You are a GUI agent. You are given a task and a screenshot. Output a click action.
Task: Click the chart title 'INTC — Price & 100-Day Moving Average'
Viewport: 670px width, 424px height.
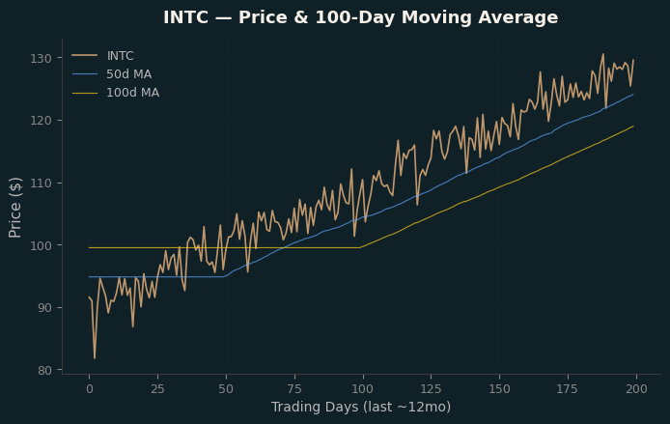(361, 17)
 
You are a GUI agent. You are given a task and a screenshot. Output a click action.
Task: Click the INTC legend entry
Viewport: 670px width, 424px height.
(102, 56)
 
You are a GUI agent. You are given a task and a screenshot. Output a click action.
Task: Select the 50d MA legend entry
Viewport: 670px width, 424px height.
(112, 74)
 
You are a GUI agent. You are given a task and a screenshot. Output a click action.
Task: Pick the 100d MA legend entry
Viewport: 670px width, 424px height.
(116, 93)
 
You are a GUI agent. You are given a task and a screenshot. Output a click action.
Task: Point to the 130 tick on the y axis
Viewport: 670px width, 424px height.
(41, 59)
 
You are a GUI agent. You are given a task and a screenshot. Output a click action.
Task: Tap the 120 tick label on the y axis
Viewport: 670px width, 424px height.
(41, 121)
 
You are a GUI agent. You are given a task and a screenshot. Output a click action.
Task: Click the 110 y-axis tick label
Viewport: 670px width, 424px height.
(41, 183)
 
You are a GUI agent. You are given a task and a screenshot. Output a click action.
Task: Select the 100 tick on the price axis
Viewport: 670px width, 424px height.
(41, 245)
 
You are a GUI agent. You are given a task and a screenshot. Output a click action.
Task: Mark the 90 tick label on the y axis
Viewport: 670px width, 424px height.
(44, 308)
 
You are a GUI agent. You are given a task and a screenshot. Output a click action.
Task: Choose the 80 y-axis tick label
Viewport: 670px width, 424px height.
(44, 370)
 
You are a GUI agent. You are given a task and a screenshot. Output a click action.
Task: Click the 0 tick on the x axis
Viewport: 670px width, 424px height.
(90, 389)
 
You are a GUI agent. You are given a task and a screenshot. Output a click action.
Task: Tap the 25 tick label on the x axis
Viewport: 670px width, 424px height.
(157, 389)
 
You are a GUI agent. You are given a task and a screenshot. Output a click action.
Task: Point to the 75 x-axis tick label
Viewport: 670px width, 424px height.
(294, 389)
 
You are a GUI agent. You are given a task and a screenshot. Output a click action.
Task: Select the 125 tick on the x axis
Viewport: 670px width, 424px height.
(432, 389)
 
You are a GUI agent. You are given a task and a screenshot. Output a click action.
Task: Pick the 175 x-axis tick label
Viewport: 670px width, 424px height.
(568, 389)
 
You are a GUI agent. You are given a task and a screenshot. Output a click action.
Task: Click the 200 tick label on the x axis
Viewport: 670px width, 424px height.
(636, 389)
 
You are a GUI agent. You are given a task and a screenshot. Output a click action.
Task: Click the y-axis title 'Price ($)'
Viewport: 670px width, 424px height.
(14, 208)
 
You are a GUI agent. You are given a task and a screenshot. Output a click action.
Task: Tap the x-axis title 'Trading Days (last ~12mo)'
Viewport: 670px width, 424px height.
(361, 407)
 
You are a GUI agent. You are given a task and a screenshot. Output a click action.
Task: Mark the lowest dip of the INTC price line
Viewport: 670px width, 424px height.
(95, 358)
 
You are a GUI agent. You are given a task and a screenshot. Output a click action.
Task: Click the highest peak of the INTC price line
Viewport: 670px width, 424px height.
(603, 54)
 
